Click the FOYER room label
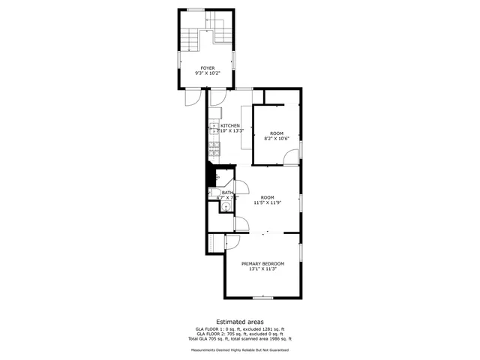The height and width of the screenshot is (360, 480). click(207, 68)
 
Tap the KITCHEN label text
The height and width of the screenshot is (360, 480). click(230, 125)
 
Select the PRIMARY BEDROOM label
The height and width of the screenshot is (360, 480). click(262, 264)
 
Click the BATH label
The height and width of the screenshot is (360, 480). click(226, 193)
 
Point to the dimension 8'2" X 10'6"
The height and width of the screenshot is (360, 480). click(276, 138)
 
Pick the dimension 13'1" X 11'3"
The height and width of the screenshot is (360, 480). click(262, 269)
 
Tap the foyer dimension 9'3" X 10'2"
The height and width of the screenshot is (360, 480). click(207, 73)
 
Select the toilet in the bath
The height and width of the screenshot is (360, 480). click(214, 194)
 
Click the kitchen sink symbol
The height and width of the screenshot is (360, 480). click(214, 127)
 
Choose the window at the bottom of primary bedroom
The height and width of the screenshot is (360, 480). click(262, 298)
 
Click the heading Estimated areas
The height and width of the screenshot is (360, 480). click(240, 321)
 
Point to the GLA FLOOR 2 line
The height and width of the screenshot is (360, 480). click(240, 334)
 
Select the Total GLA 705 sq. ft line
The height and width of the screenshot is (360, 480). click(240, 339)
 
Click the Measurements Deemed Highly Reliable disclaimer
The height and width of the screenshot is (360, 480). click(240, 349)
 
